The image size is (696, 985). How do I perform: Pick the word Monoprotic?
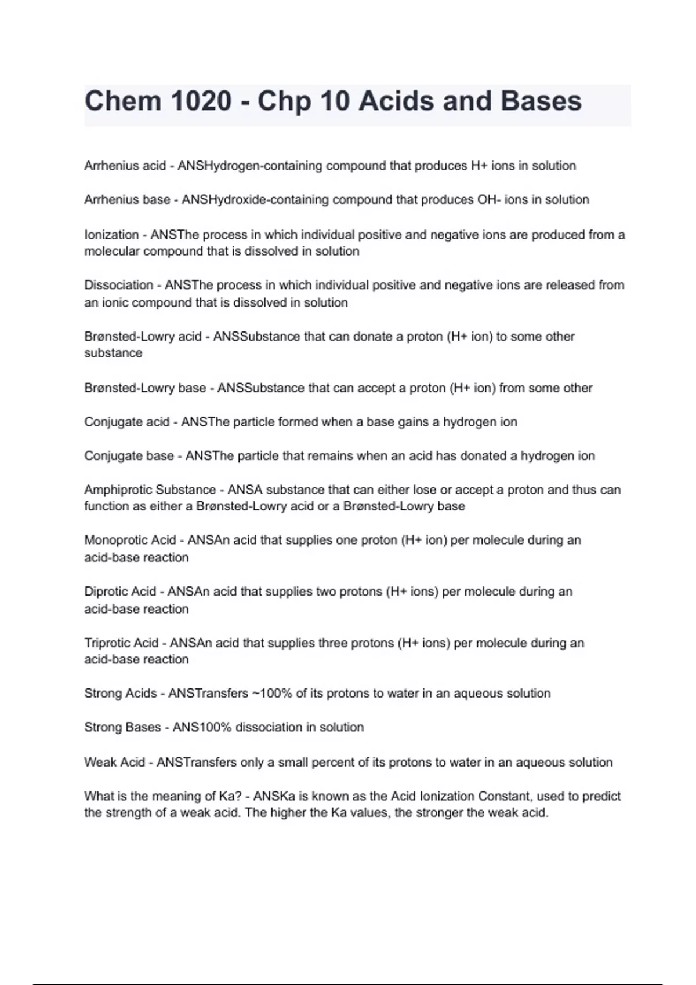click(x=115, y=540)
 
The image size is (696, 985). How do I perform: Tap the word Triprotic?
click(x=107, y=643)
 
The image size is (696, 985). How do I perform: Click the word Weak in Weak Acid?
click(x=99, y=762)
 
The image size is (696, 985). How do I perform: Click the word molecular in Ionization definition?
click(x=112, y=251)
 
